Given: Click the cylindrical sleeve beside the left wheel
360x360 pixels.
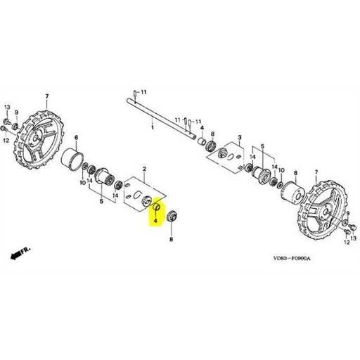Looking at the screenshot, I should [74, 160].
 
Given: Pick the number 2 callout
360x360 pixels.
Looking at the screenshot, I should [144, 169].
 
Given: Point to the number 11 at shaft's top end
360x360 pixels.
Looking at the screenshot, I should [143, 93].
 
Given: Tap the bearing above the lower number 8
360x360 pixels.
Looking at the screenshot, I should [172, 217].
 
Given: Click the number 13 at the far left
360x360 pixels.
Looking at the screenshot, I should [6, 106].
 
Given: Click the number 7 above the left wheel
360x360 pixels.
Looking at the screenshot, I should [47, 96].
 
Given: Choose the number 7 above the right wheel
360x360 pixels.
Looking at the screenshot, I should [316, 170].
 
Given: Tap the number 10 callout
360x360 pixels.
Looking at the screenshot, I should [82, 184].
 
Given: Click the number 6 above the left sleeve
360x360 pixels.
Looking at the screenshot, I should [76, 137].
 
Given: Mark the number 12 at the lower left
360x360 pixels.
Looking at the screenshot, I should [6, 139].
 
